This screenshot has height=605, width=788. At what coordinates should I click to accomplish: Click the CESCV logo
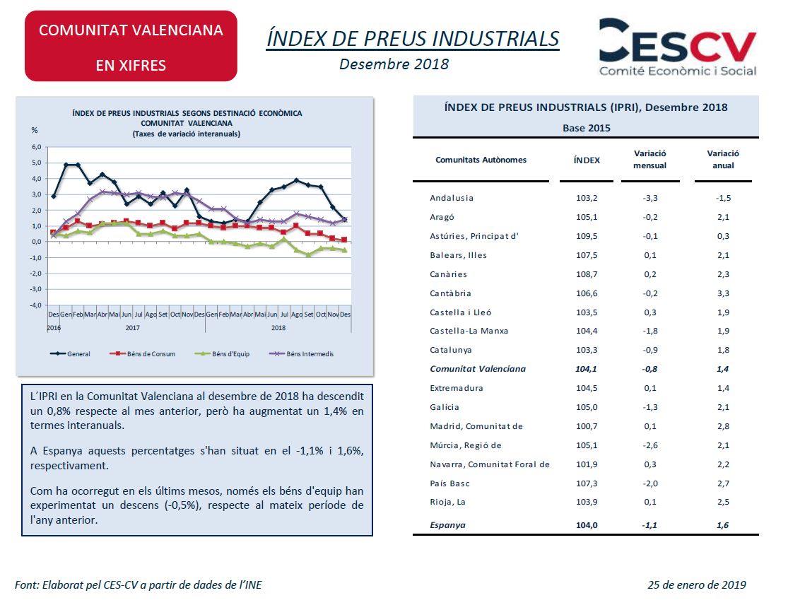point(678,47)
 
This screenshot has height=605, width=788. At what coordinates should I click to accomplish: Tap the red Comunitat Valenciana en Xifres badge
point(131,46)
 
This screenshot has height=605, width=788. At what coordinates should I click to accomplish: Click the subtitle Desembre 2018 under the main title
point(394,64)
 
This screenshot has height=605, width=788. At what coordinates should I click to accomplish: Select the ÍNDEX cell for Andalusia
point(587,198)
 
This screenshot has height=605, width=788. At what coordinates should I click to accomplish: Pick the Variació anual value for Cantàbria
point(723,293)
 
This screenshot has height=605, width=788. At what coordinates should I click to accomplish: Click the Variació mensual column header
point(649,159)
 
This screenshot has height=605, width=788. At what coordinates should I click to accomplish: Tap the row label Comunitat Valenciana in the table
point(478,369)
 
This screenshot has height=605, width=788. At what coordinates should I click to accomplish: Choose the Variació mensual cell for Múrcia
point(649,445)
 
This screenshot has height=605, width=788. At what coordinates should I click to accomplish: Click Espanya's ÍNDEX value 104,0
point(587,525)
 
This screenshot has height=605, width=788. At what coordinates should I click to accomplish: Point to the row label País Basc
point(449,483)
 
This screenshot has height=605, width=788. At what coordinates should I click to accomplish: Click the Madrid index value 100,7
point(587,426)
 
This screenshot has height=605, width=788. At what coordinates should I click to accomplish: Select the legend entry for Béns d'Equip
point(222,354)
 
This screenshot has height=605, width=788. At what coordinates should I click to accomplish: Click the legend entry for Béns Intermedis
point(302,354)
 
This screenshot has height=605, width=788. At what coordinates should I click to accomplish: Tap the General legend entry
point(70,354)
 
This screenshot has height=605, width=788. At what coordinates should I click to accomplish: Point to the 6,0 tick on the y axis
point(36,147)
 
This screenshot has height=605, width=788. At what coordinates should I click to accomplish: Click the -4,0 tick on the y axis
point(35,305)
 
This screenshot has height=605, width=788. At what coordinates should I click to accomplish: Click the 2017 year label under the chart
point(133,328)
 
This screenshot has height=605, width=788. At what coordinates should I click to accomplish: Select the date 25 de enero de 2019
point(697,585)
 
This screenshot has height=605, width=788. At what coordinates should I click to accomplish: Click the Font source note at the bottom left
point(139,585)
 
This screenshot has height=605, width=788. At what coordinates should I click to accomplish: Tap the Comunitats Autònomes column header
point(481,160)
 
